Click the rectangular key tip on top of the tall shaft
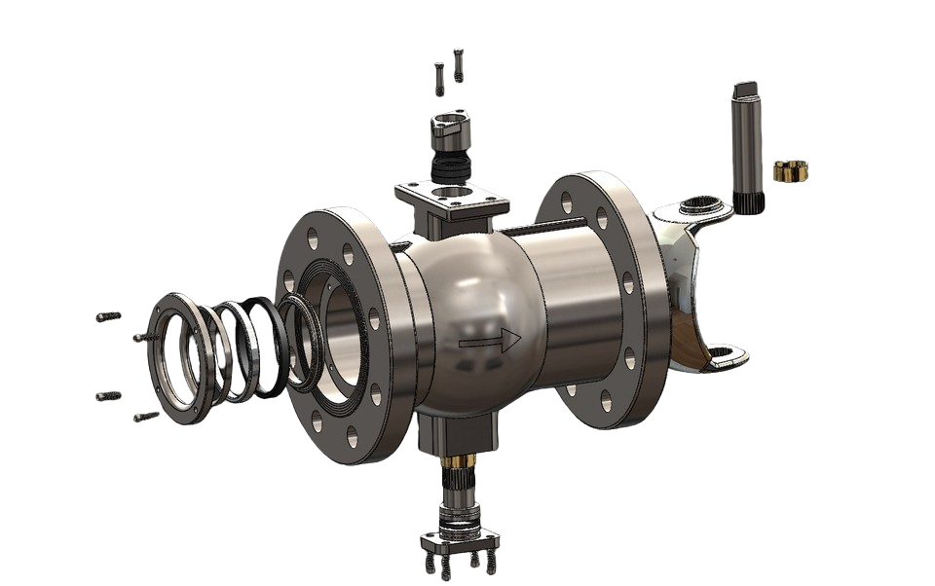click(x=743, y=90)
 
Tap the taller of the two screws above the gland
click(x=458, y=65)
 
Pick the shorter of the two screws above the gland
click(x=439, y=78)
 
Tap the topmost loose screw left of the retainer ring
click(x=109, y=316)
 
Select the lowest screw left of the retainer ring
click(x=146, y=417)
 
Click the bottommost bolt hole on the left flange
click(x=316, y=421)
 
